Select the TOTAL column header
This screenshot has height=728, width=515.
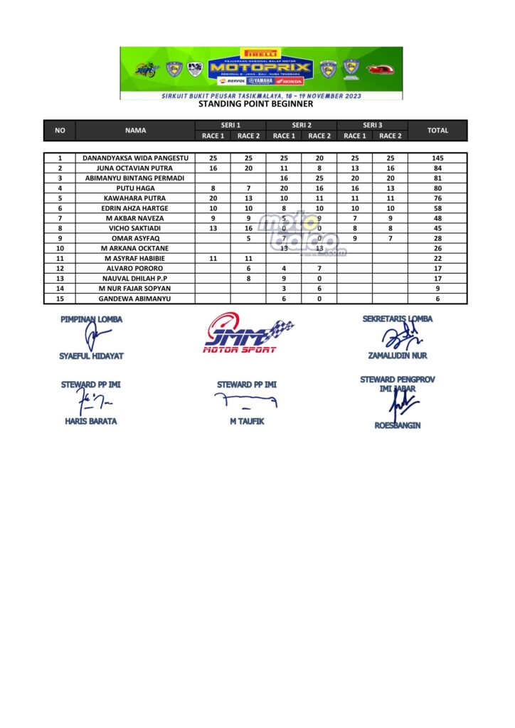pos(437,131)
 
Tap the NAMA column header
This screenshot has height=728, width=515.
pos(135,131)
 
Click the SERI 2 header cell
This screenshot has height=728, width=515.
pos(301,125)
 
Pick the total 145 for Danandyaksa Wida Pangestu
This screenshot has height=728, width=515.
pos(437,158)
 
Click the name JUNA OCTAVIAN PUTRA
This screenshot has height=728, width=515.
pos(135,168)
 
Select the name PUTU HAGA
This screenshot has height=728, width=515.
pos(135,188)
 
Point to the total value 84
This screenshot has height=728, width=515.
pos(437,168)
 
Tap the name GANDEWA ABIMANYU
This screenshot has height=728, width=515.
pos(135,299)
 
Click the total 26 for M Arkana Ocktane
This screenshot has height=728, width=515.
pos(437,249)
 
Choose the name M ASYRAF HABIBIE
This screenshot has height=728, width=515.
pos(135,259)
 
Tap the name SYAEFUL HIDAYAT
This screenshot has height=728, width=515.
pos(90,355)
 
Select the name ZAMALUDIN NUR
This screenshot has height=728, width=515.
pos(398,355)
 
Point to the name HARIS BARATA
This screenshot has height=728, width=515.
pos(90,421)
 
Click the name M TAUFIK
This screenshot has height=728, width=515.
pos(246,421)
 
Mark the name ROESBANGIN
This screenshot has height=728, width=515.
pos(398,425)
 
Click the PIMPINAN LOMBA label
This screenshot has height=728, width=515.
pos(91,319)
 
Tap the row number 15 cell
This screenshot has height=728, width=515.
pos(60,299)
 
